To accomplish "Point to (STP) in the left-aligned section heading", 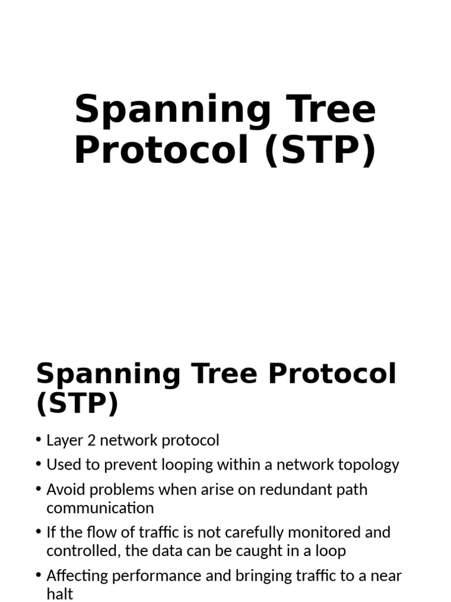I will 77,404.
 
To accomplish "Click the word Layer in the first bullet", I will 61,440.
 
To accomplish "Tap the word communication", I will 100,508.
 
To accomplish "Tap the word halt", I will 59,594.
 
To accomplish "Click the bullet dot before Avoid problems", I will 39,489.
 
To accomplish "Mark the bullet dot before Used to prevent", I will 39,465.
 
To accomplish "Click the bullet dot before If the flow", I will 39,533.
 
